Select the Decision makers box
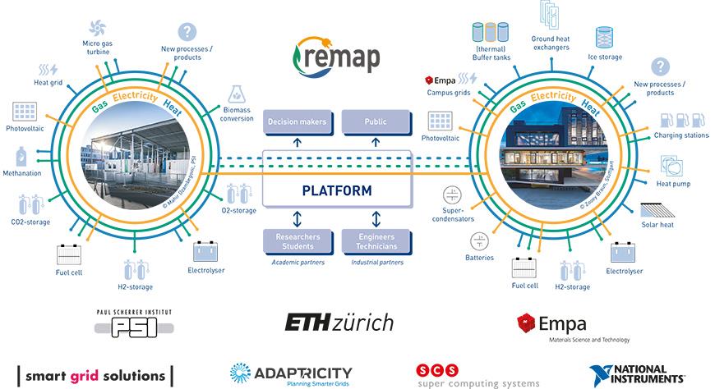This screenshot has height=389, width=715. (x=297, y=123)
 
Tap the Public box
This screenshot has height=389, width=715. (x=375, y=123)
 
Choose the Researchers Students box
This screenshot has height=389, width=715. (x=297, y=241)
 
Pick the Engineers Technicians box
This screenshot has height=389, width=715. (x=375, y=241)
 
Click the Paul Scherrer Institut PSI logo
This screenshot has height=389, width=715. (x=133, y=324)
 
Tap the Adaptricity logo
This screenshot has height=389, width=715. (x=291, y=374)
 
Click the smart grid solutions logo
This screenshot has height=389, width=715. (x=95, y=376)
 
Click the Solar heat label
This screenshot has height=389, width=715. (x=657, y=224)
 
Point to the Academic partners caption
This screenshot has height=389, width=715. (x=297, y=263)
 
